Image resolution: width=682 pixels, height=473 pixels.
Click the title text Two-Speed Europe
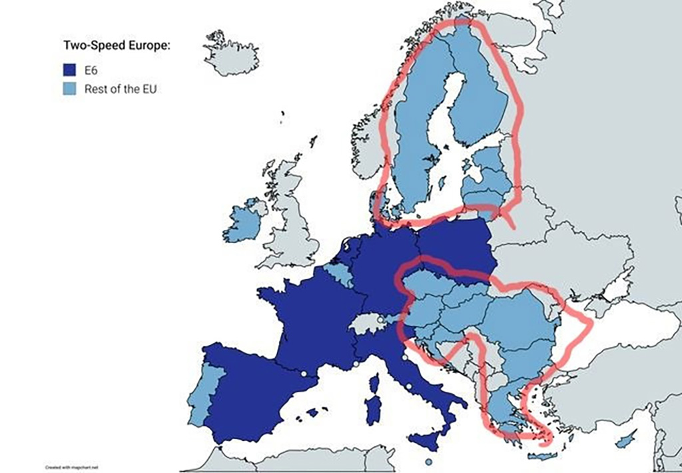point(117,45)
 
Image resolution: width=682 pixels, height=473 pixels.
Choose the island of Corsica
point(374,384)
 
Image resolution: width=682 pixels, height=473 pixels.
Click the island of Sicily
point(427,440)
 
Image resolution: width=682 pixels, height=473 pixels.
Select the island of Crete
point(539,456)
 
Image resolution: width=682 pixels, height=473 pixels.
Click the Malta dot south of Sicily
point(428,462)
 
